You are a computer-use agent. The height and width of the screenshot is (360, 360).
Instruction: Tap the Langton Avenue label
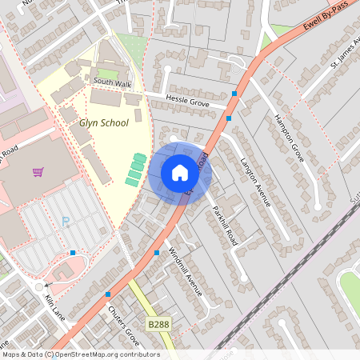pos(255,182)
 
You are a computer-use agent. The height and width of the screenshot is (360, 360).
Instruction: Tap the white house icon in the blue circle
pos(180,173)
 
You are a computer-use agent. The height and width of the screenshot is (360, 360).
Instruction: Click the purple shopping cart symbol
pos(38,172)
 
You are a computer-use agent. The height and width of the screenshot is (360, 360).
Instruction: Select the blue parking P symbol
pos(66,222)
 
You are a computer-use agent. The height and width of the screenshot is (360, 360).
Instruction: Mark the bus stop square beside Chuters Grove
pos(108,294)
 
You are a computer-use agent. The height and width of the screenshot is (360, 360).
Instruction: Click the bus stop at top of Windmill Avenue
pos(157,253)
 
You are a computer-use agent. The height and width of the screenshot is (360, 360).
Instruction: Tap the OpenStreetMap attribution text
pos(80,354)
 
